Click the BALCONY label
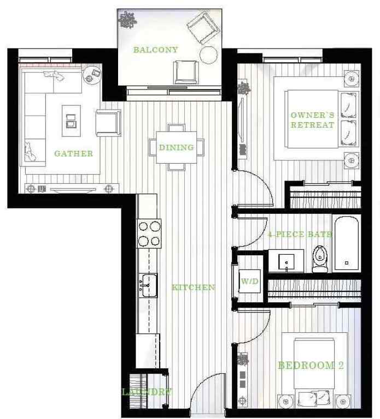click(x=156, y=50)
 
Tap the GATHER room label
click(x=73, y=154)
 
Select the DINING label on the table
click(x=176, y=147)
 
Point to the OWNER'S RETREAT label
click(x=312, y=120)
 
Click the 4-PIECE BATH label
click(x=300, y=235)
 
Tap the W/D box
click(x=249, y=282)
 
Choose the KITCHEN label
click(x=194, y=288)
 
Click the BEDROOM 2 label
click(x=311, y=366)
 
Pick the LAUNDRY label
click(x=147, y=392)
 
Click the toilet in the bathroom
click(x=319, y=259)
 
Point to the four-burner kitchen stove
click(x=149, y=234)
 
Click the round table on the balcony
click(x=209, y=55)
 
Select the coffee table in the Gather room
click(x=71, y=121)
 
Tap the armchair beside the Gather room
click(x=108, y=123)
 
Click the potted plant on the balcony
click(x=127, y=20)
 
